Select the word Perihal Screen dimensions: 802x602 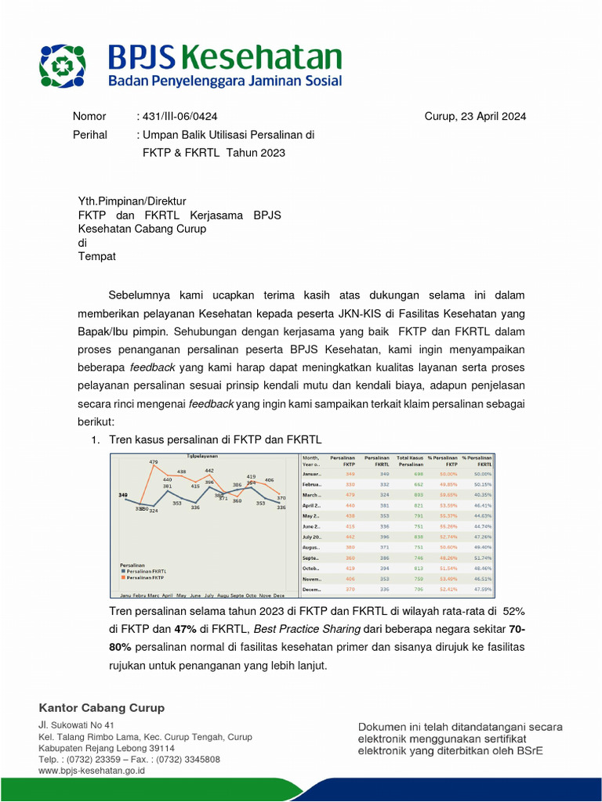[x=89, y=135]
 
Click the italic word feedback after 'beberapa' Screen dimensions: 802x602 [x=153, y=367]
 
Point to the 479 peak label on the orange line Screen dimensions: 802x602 [x=154, y=462]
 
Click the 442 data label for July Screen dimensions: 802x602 [x=209, y=471]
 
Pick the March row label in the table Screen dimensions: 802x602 [x=312, y=495]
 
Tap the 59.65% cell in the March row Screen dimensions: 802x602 [x=448, y=495]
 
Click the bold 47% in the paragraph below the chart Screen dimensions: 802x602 [x=185, y=629]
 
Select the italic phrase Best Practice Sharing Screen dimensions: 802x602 [x=307, y=629]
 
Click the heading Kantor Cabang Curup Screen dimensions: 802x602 [x=102, y=708]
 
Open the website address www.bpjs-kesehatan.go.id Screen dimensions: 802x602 [x=92, y=771]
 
